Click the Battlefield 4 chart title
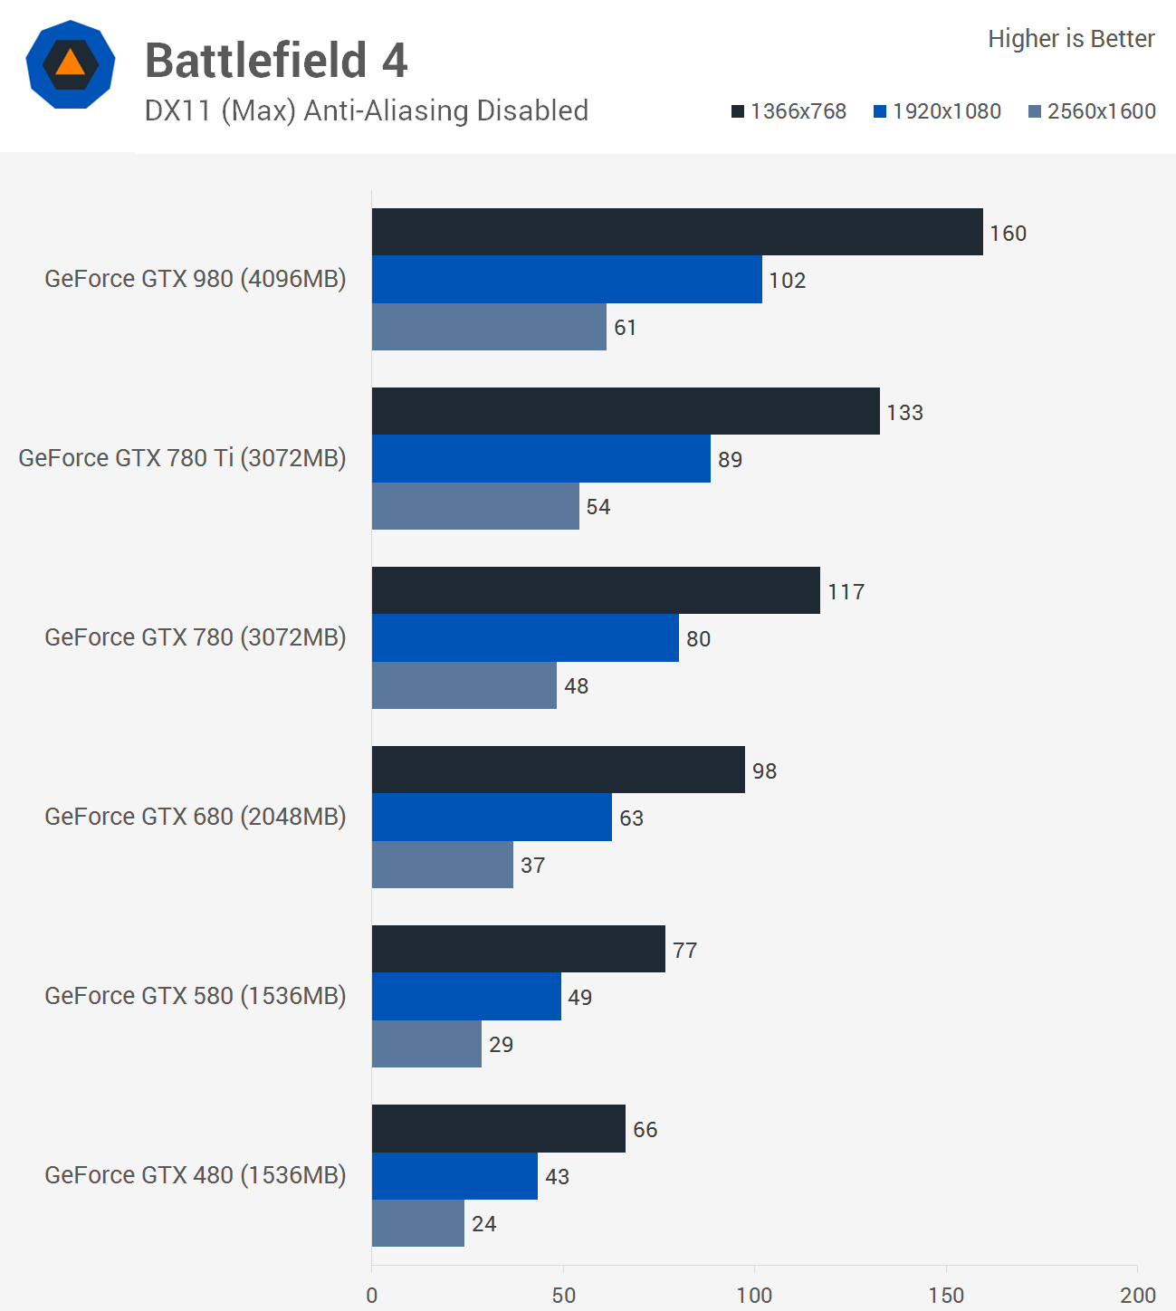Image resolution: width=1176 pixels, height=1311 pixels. (276, 61)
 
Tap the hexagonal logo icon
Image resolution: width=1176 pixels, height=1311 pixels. (71, 64)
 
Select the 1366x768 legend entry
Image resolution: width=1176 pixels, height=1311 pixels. (789, 111)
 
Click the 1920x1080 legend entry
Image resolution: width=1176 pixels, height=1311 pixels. (937, 111)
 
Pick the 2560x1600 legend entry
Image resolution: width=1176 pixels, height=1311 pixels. (1092, 111)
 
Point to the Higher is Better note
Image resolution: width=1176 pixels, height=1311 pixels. (1071, 39)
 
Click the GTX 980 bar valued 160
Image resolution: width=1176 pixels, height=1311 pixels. (677, 232)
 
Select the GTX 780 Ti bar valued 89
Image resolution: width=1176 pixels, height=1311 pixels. (541, 458)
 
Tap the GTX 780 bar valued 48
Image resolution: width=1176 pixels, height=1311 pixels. (464, 685)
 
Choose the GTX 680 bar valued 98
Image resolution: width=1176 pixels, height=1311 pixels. (559, 770)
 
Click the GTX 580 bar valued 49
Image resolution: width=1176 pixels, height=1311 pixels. (466, 996)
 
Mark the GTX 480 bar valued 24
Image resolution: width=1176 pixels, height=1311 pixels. (418, 1223)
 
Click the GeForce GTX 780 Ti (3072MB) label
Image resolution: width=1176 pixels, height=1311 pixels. (182, 458)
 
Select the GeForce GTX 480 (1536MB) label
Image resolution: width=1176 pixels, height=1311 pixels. (196, 1175)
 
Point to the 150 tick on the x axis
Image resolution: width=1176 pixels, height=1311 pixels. (946, 1296)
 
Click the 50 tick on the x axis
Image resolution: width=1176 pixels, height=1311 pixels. (563, 1296)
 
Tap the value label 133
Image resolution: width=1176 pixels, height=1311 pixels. (904, 413)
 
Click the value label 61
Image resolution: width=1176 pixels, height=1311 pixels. (625, 328)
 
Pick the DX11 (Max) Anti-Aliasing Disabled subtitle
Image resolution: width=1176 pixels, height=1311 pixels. (367, 110)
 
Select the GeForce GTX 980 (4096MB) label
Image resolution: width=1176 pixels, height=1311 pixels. (196, 279)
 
